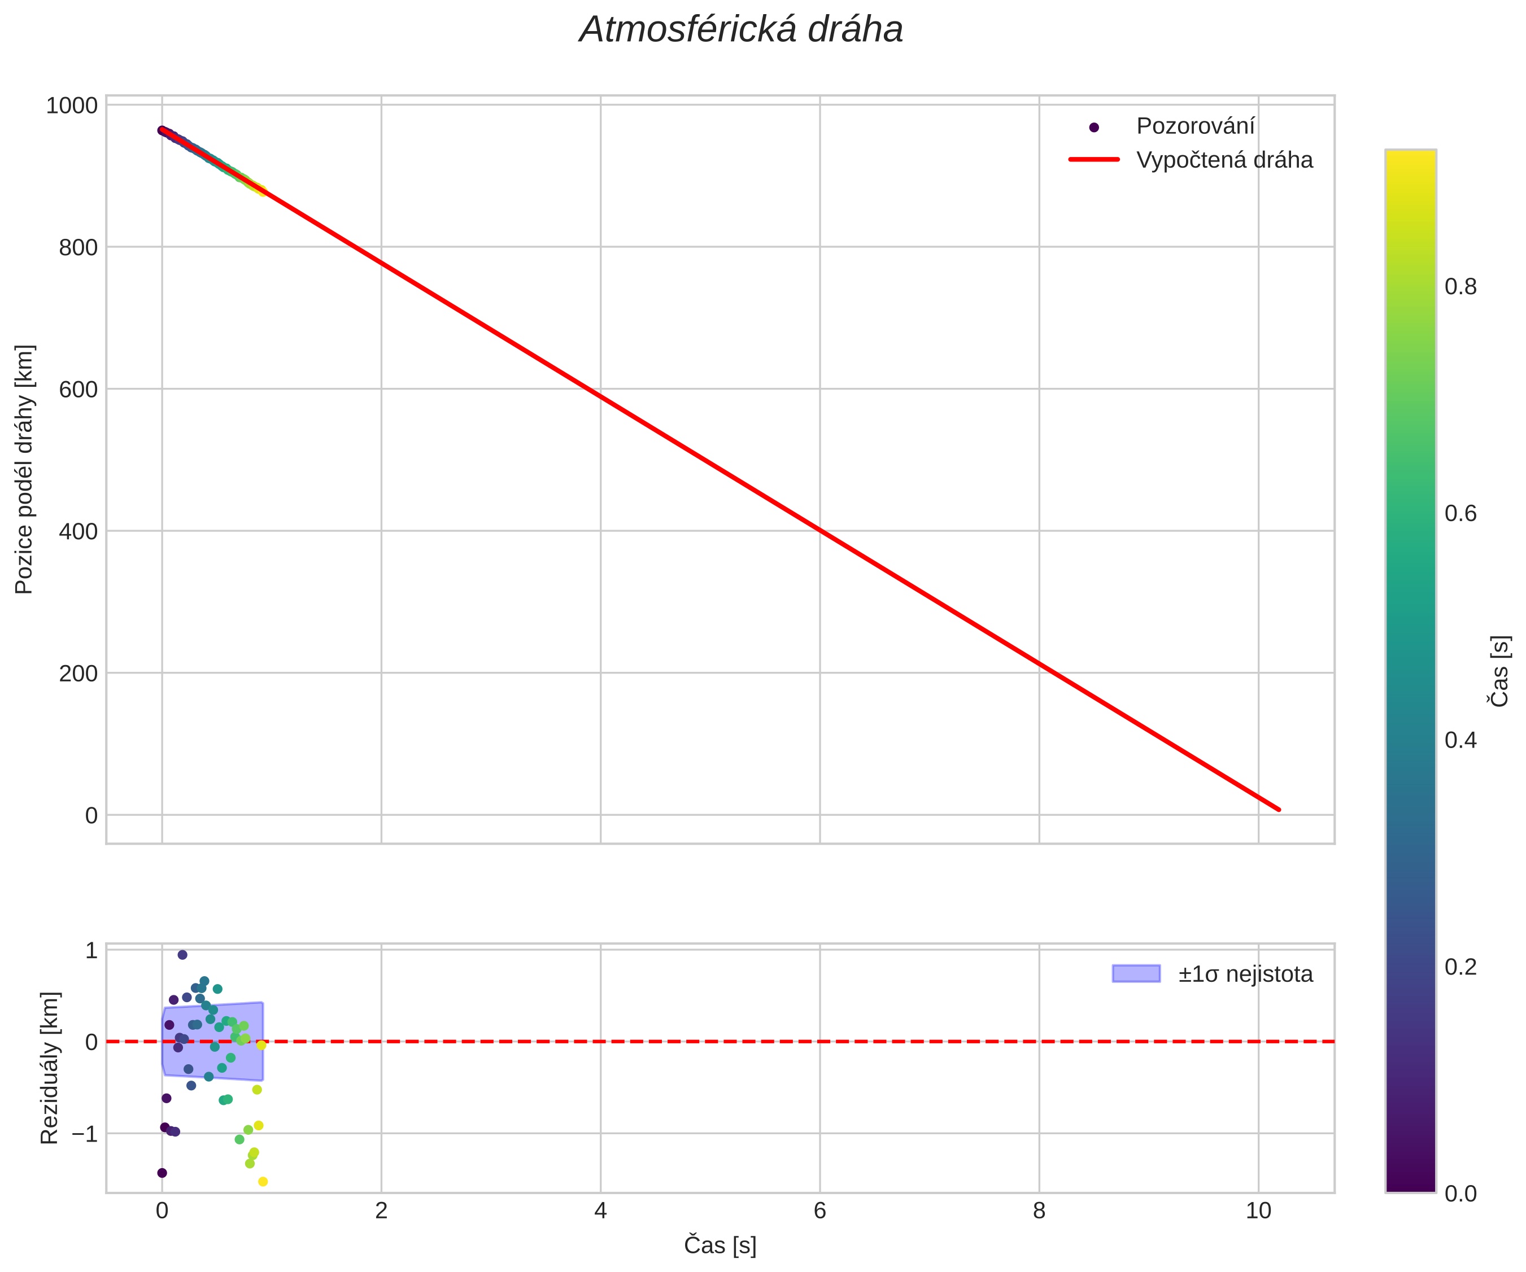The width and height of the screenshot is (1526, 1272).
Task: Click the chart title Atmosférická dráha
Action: [740, 30]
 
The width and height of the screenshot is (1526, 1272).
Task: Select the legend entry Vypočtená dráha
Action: [1224, 160]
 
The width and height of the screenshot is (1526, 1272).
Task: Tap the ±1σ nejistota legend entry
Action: [1245, 974]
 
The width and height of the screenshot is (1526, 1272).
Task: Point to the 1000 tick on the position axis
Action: [71, 106]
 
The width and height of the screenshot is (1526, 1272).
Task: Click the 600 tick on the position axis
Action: [78, 390]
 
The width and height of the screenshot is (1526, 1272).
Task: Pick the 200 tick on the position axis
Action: [78, 674]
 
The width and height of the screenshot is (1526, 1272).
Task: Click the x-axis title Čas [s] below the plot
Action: [720, 1245]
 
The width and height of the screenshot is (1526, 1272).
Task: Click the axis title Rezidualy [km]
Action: [49, 1068]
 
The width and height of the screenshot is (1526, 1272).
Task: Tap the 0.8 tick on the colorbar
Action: [1460, 287]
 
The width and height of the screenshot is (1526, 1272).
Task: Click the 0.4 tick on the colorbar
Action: [1460, 740]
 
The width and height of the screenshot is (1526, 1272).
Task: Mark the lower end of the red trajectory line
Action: [1278, 809]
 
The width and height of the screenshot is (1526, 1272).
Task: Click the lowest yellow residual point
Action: [263, 1182]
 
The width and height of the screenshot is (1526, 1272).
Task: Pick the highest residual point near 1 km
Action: [182, 955]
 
